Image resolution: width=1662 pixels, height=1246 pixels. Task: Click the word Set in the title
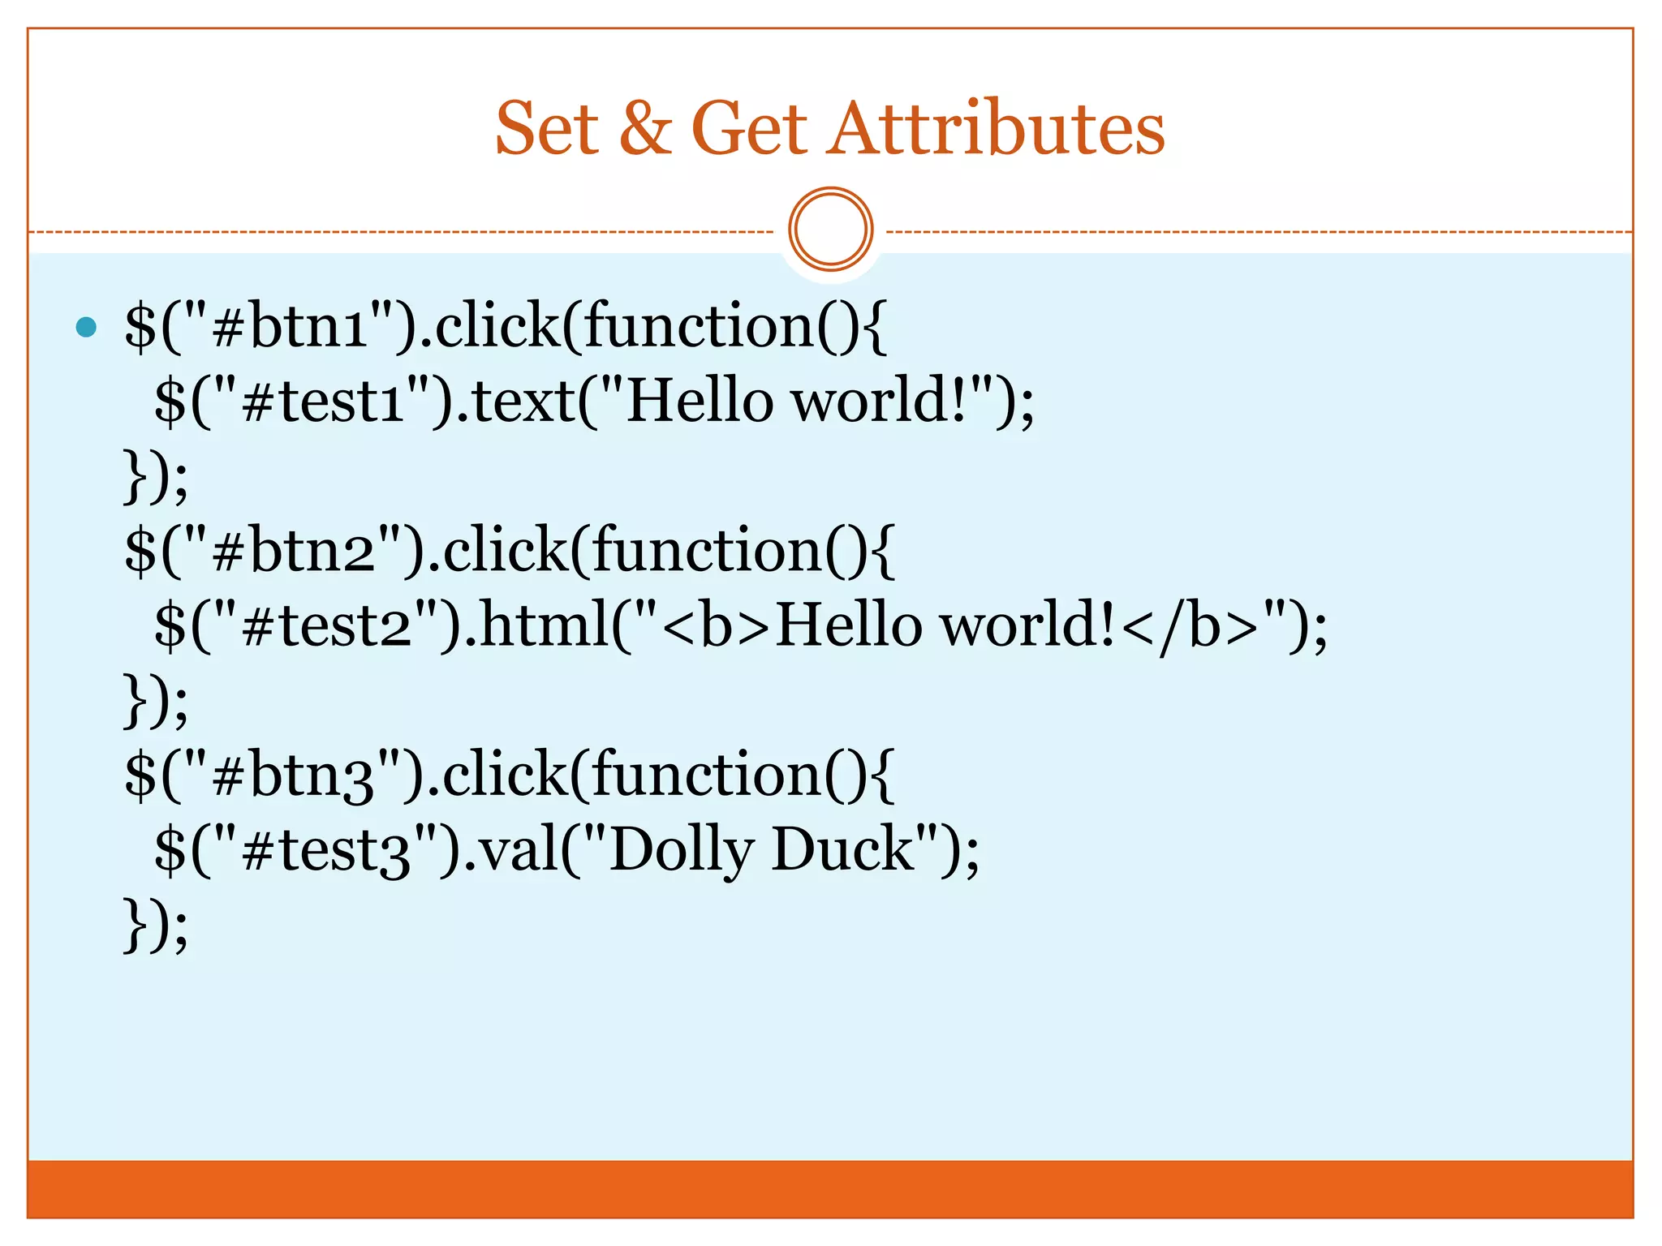coord(546,129)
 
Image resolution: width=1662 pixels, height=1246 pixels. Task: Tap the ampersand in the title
coord(646,129)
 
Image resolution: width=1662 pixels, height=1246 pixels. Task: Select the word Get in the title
coord(748,129)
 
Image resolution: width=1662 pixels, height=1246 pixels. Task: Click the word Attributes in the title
coord(996,129)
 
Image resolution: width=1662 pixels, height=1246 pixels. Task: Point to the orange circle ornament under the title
coord(830,230)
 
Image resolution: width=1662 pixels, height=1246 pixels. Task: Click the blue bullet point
coord(86,328)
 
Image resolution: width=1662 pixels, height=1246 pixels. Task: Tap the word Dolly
coord(681,850)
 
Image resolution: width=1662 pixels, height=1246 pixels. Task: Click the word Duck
coord(843,850)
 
